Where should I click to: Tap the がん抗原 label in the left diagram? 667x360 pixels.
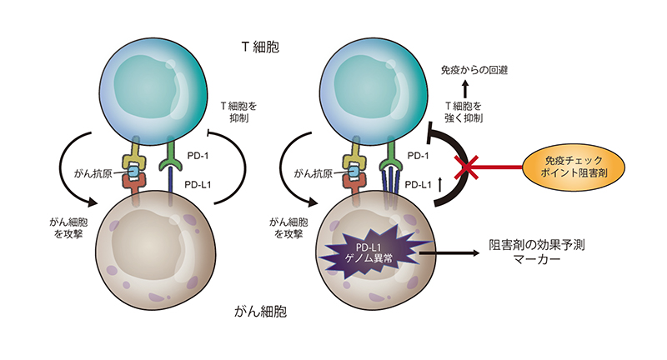click(95, 174)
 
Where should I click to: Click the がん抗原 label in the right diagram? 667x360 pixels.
click(314, 174)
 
